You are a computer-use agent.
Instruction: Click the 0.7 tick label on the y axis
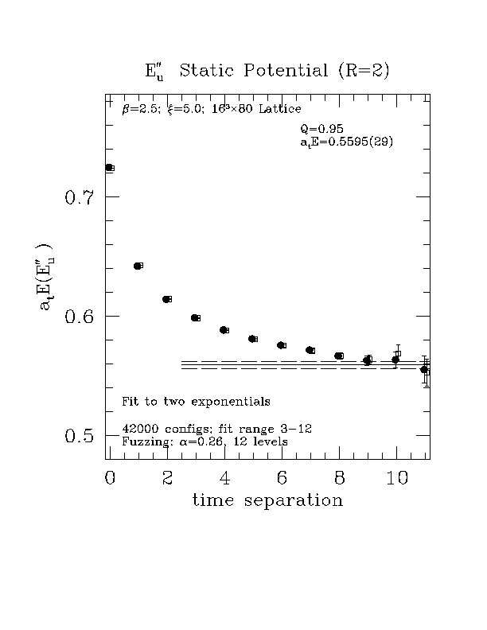click(x=80, y=197)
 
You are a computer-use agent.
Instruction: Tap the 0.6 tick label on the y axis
click(x=80, y=317)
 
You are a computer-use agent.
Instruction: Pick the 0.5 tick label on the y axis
click(x=80, y=436)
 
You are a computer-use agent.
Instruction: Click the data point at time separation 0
click(x=109, y=167)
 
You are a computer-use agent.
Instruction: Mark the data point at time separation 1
click(x=138, y=266)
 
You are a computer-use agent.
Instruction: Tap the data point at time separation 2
click(x=166, y=299)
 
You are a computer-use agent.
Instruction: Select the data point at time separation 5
click(x=252, y=339)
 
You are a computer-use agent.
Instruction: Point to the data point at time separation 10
click(x=395, y=360)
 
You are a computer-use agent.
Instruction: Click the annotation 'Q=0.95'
click(x=321, y=129)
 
